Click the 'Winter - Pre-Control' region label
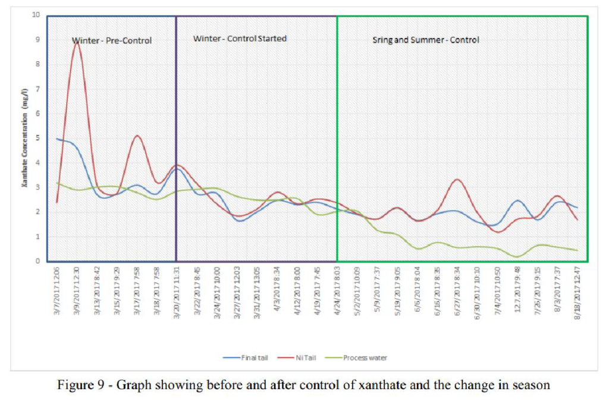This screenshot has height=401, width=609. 112,41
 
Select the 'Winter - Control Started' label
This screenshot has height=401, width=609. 240,39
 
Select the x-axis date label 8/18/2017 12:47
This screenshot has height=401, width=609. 577,293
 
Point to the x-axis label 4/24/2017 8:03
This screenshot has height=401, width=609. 337,293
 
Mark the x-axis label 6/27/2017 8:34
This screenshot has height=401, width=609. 457,293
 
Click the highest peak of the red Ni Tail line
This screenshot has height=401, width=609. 77,42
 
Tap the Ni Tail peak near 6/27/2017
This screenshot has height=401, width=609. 457,179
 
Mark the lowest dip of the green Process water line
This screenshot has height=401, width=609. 516,257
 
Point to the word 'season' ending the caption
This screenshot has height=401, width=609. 533,385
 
